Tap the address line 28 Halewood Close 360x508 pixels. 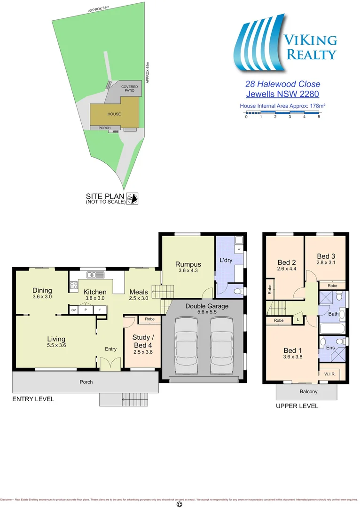tap(282, 84)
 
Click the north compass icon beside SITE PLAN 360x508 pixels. tap(133, 199)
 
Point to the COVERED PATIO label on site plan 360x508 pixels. tap(129, 88)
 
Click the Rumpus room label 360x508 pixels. tap(188, 264)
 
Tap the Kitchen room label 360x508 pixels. tap(95, 292)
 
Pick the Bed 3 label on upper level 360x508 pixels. tap(325, 256)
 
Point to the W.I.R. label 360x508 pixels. tap(329, 374)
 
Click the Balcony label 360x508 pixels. tap(308, 392)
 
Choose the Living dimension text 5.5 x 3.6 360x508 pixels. tap(56, 346)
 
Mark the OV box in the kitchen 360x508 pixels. tap(74, 310)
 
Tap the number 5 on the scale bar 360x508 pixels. tap(319, 117)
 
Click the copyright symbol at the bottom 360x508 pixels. tap(179, 504)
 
